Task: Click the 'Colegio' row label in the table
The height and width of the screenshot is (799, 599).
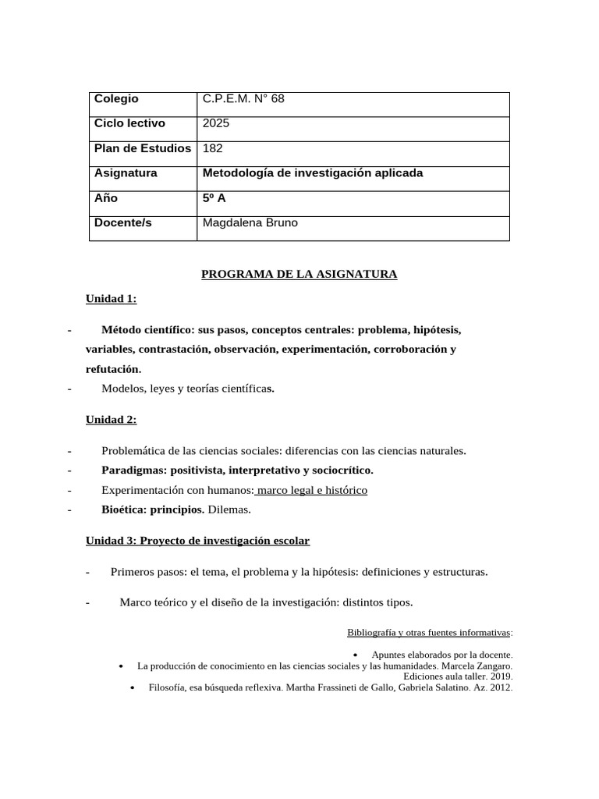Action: pyautogui.click(x=116, y=98)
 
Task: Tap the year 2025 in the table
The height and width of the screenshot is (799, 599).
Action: pyautogui.click(x=216, y=123)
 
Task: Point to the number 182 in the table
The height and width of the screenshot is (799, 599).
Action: pyautogui.click(x=212, y=148)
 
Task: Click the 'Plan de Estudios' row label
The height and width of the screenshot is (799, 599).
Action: pyautogui.click(x=143, y=148)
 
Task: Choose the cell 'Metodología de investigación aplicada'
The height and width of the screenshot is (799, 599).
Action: pyautogui.click(x=312, y=173)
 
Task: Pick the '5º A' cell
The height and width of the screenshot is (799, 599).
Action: pyautogui.click(x=214, y=198)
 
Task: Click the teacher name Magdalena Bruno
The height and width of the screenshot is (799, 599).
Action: pyautogui.click(x=250, y=223)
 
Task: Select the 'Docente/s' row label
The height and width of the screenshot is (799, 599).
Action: pyautogui.click(x=123, y=223)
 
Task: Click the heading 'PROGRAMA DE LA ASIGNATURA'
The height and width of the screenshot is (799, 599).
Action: pyautogui.click(x=299, y=274)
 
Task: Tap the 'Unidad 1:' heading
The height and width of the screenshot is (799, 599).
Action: pyautogui.click(x=111, y=299)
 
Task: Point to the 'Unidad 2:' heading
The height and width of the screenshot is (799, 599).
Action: pyautogui.click(x=111, y=420)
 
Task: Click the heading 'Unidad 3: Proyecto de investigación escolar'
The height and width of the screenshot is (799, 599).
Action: pyautogui.click(x=197, y=541)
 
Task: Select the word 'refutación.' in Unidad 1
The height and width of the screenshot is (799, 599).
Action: pyautogui.click(x=113, y=369)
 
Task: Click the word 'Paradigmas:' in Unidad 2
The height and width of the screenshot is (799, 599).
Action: pyautogui.click(x=133, y=470)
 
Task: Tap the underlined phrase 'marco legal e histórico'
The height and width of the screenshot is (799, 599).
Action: pyautogui.click(x=311, y=490)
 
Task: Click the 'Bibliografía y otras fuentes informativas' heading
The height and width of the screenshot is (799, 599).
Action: pyautogui.click(x=429, y=632)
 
